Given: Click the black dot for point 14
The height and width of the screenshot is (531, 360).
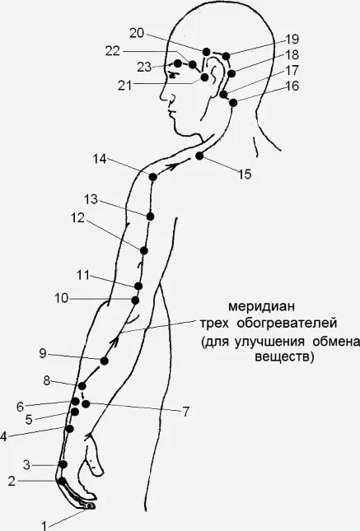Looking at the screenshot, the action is (153, 177).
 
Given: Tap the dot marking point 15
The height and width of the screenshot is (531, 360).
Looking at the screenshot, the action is (199, 156).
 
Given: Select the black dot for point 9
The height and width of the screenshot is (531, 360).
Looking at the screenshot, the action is (104, 361).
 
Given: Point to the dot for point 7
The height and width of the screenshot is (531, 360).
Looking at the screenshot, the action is (86, 403).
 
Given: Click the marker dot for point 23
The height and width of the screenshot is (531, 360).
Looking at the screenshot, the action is (178, 63).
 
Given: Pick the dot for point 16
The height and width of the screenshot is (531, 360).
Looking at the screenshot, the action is (233, 103).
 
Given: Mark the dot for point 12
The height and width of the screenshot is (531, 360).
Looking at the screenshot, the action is (143, 250).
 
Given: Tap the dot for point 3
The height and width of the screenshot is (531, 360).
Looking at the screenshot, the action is (63, 464).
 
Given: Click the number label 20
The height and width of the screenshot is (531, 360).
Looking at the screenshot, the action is (137, 33).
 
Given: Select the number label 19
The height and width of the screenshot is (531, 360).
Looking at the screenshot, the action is (292, 39).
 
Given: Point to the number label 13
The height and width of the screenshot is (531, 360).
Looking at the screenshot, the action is (91, 199).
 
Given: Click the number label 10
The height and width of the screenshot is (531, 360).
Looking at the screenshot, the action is (61, 299).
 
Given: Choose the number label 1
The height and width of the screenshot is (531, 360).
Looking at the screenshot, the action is (44, 526).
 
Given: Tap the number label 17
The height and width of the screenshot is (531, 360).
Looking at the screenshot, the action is (292, 71).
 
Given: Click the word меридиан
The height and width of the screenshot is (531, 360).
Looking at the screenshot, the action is (261, 307).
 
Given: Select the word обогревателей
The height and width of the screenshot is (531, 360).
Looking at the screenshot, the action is (287, 323).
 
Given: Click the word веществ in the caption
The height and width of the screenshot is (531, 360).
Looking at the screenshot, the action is (283, 357).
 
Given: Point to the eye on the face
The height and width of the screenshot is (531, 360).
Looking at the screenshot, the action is (174, 76).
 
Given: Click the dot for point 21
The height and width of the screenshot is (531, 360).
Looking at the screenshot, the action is (205, 77).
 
